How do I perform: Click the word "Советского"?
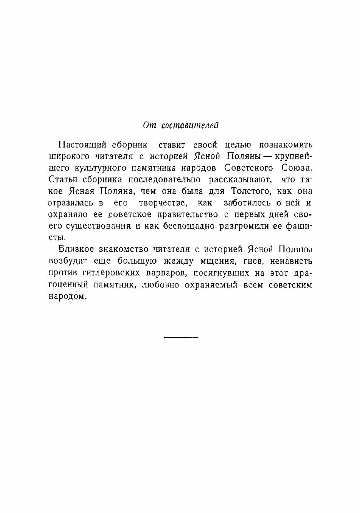pyautogui.click(x=248, y=168)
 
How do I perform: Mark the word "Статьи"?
pyautogui.click(x=63, y=180)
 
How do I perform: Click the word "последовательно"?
pyautogui.click(x=164, y=180)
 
